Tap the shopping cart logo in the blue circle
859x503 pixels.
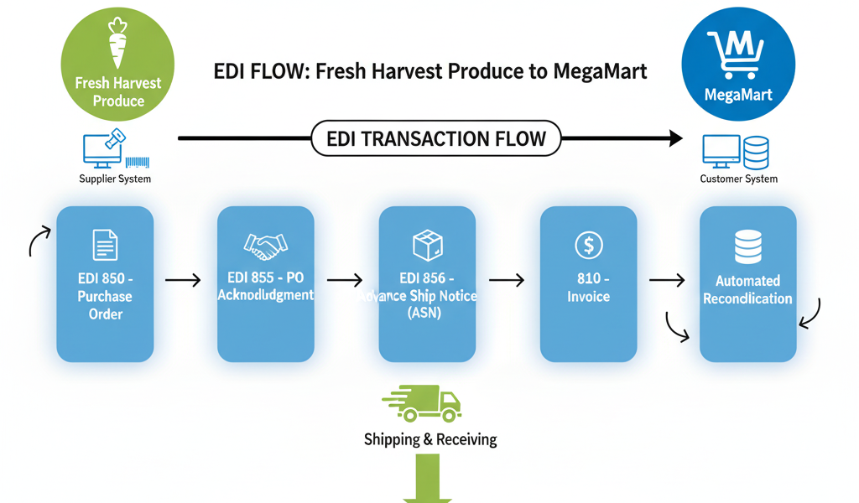pos(735,53)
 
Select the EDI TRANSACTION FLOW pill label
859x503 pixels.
pos(435,138)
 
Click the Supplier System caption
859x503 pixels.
pos(115,179)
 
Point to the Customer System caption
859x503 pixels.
pos(738,179)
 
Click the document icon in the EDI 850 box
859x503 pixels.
pos(105,246)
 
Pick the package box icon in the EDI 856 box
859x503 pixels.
pos(427,245)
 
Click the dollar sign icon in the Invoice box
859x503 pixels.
pos(588,245)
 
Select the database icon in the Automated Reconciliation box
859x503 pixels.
pos(747,245)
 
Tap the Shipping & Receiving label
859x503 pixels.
pos(430,439)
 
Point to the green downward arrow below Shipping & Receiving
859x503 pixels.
pos(427,478)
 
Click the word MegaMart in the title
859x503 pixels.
pos(600,71)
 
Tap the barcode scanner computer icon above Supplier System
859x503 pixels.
pos(104,149)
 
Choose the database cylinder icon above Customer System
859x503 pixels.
pos(756,152)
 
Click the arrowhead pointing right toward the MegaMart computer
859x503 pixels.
pos(674,138)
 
